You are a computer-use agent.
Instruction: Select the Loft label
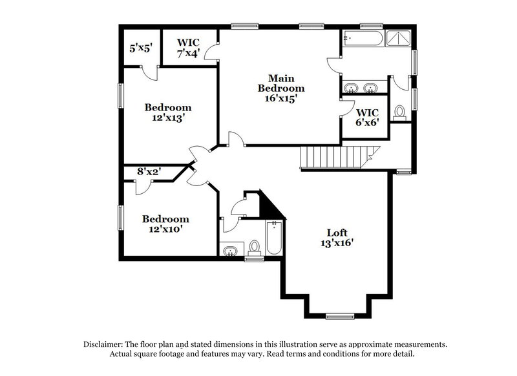(x=337, y=233)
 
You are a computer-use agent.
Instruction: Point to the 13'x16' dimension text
(x=337, y=244)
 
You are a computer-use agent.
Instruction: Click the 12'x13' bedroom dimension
(x=167, y=118)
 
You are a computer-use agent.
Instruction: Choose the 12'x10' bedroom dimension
(x=166, y=230)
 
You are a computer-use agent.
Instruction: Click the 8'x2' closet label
(x=149, y=172)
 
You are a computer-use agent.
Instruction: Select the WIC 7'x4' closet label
(x=189, y=47)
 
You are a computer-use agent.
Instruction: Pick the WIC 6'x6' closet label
(x=367, y=115)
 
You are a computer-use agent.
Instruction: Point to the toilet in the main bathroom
(x=399, y=112)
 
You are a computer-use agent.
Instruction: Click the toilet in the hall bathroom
(x=254, y=247)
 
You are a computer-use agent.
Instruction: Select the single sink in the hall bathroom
(x=229, y=250)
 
